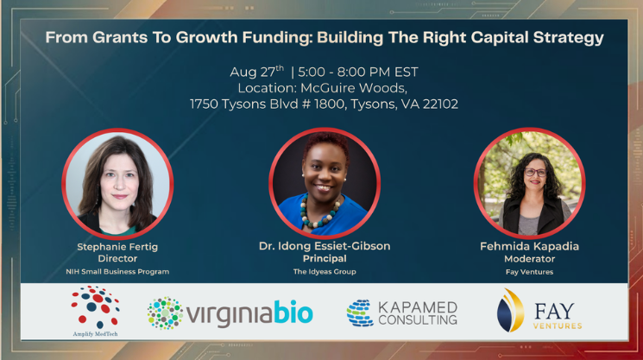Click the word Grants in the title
pyautogui.click(x=120, y=37)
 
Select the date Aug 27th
pyautogui.click(x=256, y=72)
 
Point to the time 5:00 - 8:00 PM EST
pyautogui.click(x=358, y=73)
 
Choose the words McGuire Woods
pyautogui.click(x=354, y=88)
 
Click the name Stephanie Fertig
pyautogui.click(x=117, y=247)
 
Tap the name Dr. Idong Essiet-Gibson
pyautogui.click(x=325, y=246)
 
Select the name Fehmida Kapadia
pyautogui.click(x=529, y=246)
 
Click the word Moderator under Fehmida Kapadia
pyautogui.click(x=529, y=259)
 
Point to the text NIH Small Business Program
pyautogui.click(x=117, y=271)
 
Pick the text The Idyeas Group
pyautogui.click(x=325, y=271)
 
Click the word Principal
pyautogui.click(x=325, y=259)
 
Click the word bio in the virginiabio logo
pyautogui.click(x=293, y=313)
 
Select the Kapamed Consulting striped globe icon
pyautogui.click(x=360, y=313)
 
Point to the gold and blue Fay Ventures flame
pyautogui.click(x=510, y=311)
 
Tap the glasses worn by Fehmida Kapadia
pyautogui.click(x=535, y=173)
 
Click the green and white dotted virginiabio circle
pyautogui.click(x=165, y=313)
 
